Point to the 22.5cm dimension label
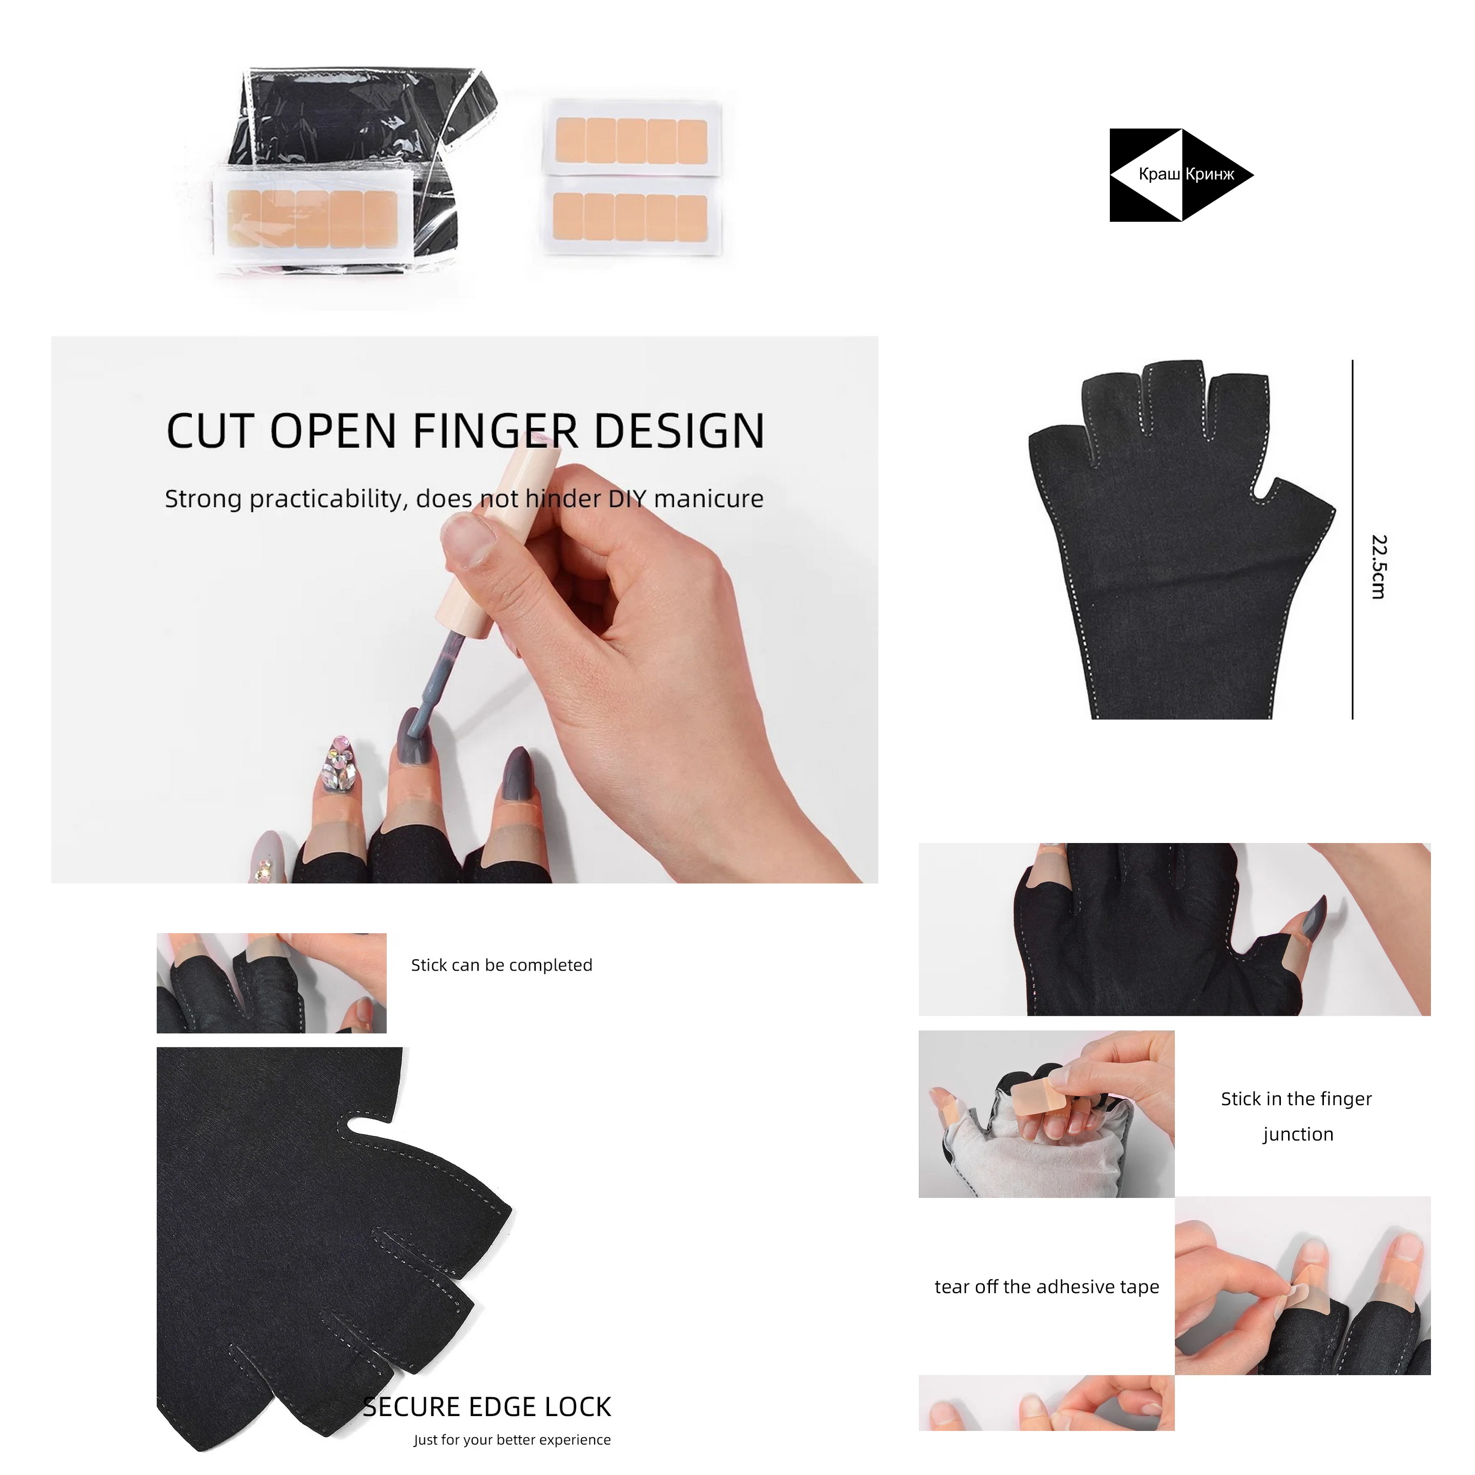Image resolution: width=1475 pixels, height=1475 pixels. click(1378, 566)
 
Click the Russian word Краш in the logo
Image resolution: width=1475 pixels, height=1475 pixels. click(1159, 174)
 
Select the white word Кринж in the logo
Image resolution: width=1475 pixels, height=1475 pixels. click(1210, 174)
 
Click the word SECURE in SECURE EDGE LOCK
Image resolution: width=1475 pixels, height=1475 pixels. click(412, 1407)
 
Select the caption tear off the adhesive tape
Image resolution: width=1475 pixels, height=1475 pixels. click(1047, 1287)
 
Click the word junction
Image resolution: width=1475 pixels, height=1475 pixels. click(1298, 1134)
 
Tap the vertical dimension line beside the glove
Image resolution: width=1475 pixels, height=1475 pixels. click(1352, 540)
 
